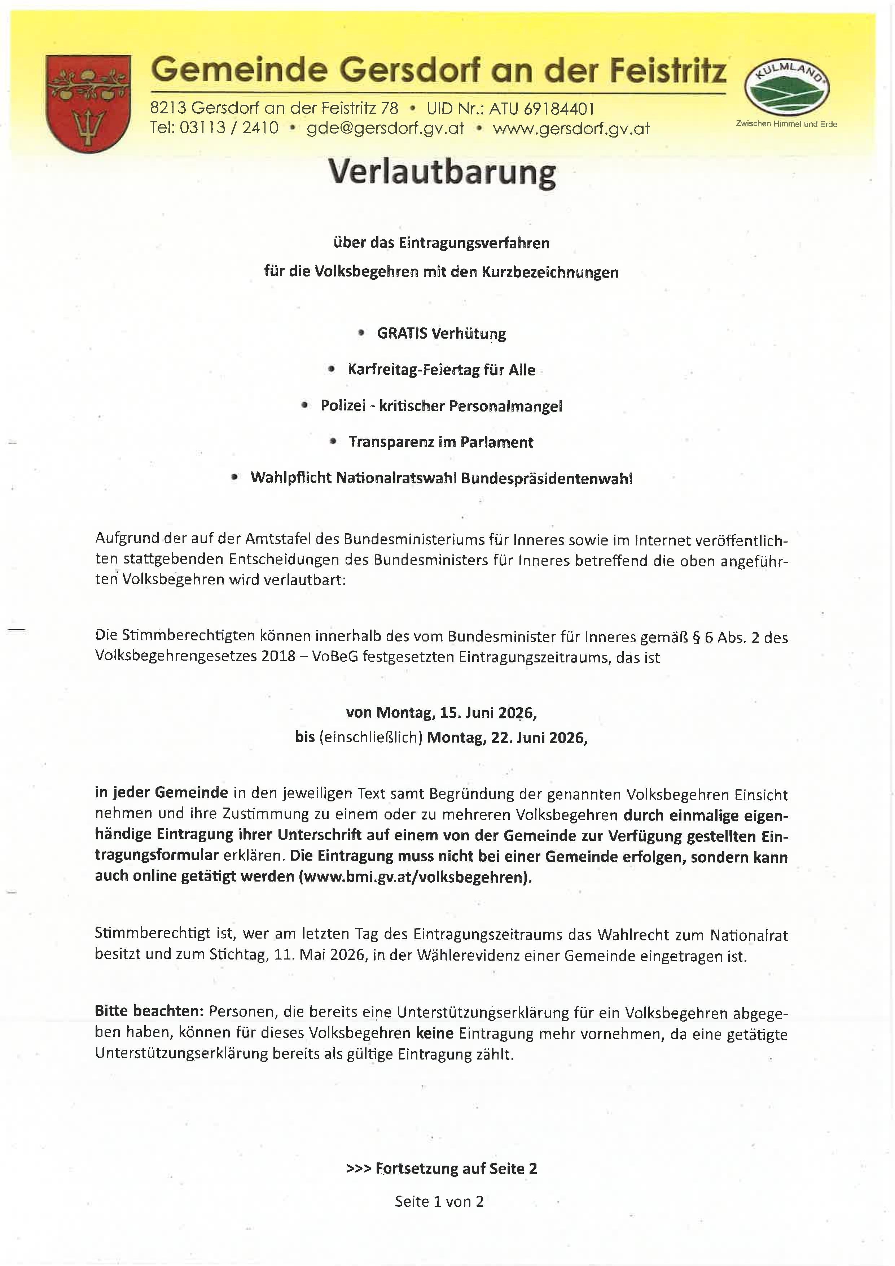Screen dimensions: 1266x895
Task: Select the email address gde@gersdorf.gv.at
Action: point(385,129)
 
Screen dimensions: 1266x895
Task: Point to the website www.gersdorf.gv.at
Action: point(571,129)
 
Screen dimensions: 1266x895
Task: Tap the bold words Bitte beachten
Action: point(149,1012)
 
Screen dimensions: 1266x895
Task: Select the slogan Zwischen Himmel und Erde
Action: point(786,124)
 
